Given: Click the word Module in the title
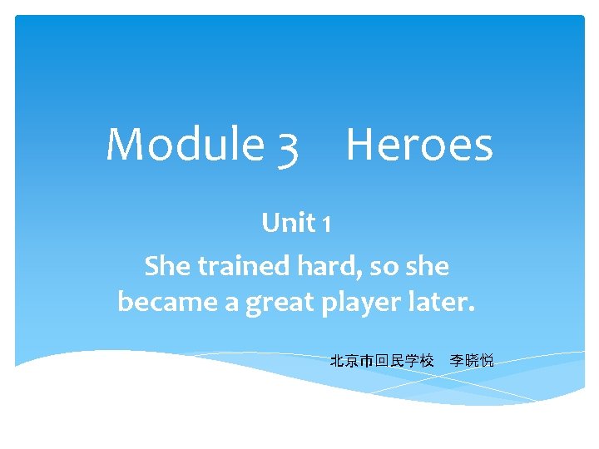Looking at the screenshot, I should [x=185, y=144].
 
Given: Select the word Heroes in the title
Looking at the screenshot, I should [x=419, y=144].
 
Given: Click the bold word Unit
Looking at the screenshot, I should [x=288, y=223].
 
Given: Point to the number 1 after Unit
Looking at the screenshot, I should [x=327, y=224].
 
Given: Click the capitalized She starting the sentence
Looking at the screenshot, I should [x=165, y=267].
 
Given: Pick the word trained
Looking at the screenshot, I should [x=240, y=267].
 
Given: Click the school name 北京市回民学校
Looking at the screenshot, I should [x=382, y=361].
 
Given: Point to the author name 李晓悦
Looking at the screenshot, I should [x=472, y=361].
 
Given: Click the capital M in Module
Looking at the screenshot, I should [x=125, y=144].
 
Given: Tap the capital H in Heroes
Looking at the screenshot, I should [x=362, y=144].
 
